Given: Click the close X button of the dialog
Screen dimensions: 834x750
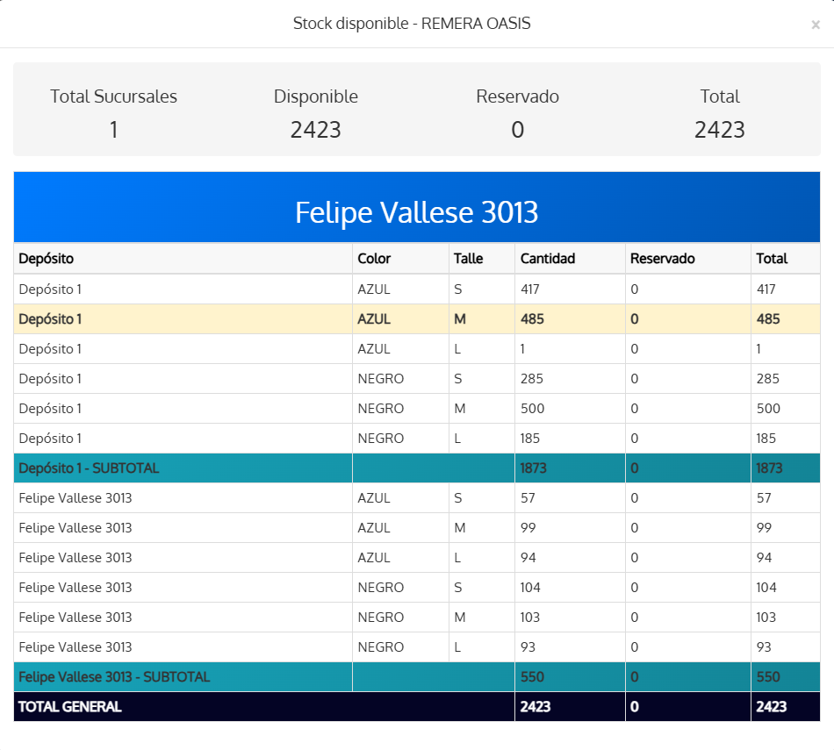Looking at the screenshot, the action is point(816,25).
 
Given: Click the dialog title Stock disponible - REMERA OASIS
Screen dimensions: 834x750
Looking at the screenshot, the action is point(412,24).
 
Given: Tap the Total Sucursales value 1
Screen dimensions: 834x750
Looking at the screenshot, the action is point(113,130).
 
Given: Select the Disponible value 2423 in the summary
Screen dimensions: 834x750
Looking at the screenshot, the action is point(315,130).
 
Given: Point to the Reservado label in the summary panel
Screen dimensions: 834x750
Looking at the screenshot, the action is point(518,96).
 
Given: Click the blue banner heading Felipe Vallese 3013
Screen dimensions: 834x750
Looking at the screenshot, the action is point(416,212).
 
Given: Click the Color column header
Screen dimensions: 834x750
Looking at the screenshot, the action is point(374,258).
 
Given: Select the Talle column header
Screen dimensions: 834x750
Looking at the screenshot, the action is point(468,258).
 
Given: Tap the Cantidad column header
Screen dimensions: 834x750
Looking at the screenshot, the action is point(547,258).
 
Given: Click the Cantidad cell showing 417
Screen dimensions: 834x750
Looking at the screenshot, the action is point(529,289).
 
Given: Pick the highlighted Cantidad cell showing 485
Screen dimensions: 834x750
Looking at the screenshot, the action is point(532,319).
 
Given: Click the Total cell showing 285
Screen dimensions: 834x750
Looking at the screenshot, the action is point(767,378).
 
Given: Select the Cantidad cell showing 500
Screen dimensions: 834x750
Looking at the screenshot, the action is point(532,408).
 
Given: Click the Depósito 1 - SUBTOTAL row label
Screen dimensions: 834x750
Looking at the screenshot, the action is point(89,468).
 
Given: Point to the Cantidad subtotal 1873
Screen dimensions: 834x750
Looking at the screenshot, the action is point(533,468).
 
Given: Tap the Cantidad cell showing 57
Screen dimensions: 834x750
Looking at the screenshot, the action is point(528,497).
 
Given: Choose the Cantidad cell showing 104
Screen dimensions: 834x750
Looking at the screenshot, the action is point(529,587).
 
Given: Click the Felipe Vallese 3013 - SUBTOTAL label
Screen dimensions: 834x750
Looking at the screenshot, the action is point(114,676).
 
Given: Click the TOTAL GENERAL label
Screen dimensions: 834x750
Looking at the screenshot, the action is point(69,706).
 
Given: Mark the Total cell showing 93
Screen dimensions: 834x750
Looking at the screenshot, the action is point(764,646).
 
